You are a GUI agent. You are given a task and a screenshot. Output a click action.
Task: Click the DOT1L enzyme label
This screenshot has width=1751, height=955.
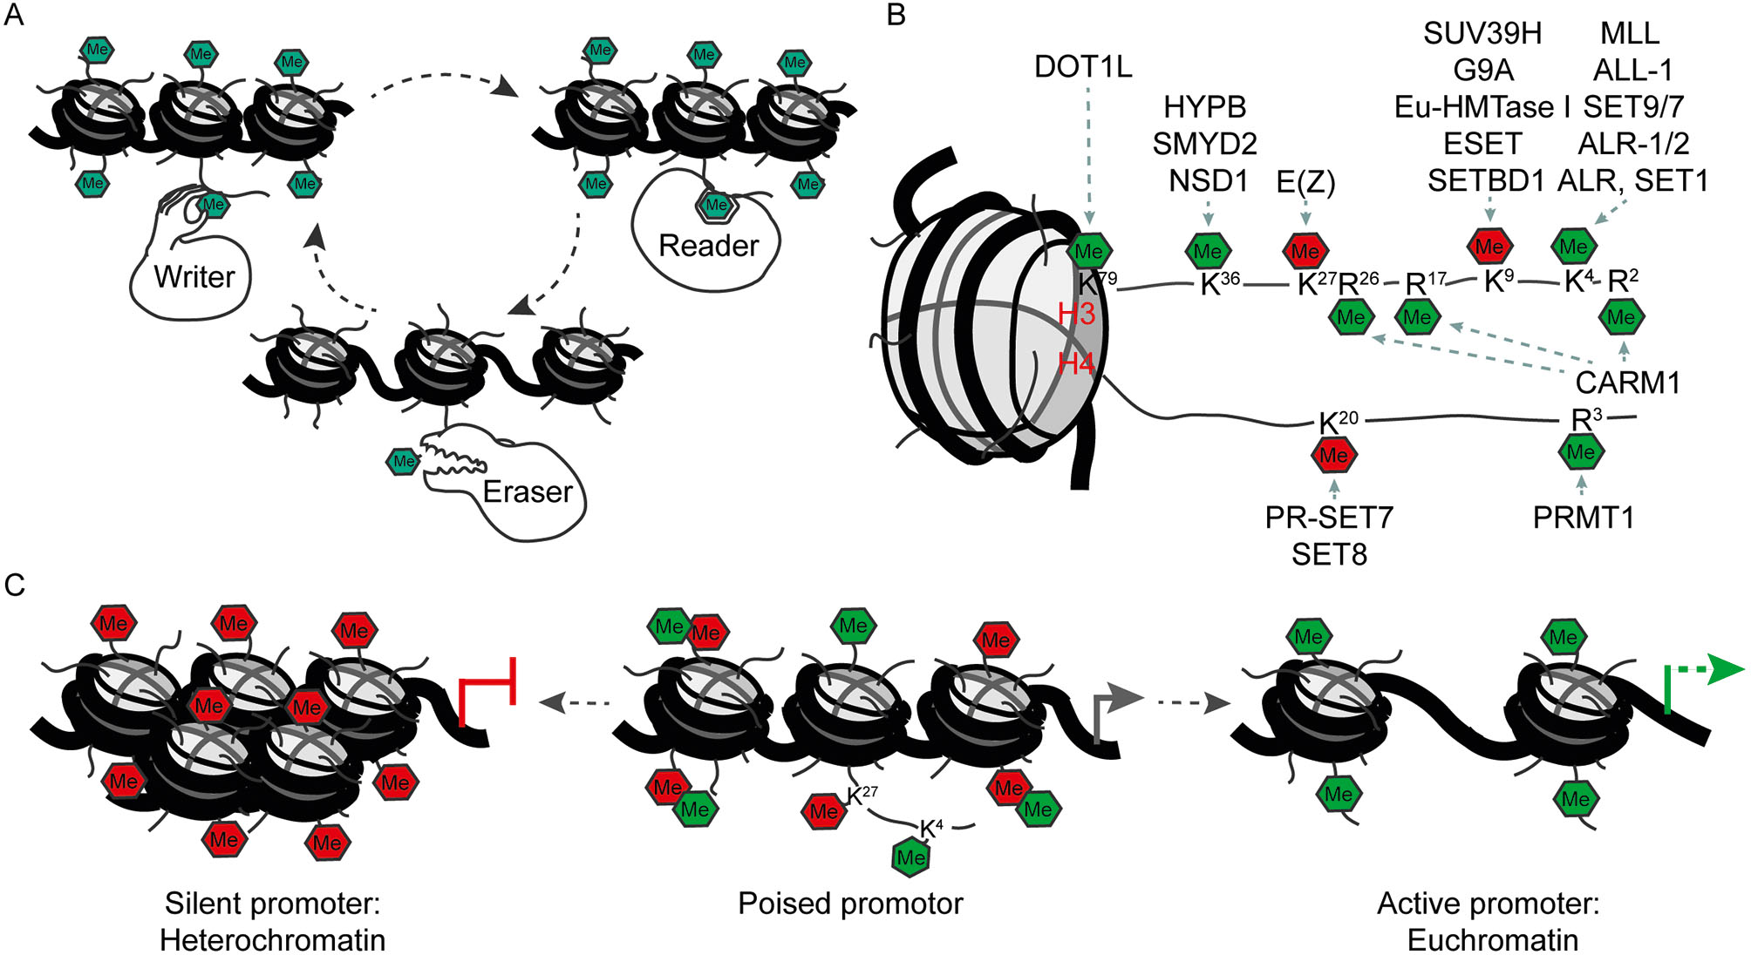pos(1082,66)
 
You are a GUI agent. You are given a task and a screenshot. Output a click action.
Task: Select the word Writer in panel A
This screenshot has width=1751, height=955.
pos(194,277)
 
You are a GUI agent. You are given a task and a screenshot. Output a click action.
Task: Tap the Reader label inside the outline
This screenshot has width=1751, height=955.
pos(707,246)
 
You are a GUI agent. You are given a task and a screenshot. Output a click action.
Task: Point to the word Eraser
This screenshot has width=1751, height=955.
pos(527,492)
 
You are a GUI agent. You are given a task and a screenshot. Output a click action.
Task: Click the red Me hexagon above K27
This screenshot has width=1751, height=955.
pos(1305,252)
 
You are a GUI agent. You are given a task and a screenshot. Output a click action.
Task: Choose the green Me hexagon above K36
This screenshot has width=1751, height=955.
pos(1207,252)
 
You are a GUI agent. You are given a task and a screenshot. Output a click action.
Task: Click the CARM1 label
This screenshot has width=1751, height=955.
pos(1627,383)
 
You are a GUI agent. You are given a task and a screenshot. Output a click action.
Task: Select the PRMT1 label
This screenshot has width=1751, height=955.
pos(1583,518)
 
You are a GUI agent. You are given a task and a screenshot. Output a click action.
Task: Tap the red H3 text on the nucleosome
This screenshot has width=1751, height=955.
pos(1076,314)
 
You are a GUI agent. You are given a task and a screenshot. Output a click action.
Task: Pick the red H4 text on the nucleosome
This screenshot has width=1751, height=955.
pos(1076,363)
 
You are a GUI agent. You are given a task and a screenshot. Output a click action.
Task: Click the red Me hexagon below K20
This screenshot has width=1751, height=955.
pos(1333,455)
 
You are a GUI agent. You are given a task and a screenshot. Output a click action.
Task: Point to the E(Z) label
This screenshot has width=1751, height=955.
pos(1305,181)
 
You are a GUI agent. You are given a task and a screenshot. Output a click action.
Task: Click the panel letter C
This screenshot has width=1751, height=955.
pos(14,585)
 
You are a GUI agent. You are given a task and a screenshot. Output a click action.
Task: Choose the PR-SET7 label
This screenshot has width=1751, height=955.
pos(1329,518)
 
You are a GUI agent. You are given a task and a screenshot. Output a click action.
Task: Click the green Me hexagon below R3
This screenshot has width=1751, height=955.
pos(1580,452)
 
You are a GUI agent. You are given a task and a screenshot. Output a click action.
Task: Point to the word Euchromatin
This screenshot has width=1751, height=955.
pos(1492,940)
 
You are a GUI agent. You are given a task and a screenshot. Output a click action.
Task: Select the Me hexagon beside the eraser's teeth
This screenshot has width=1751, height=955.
pos(403,461)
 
